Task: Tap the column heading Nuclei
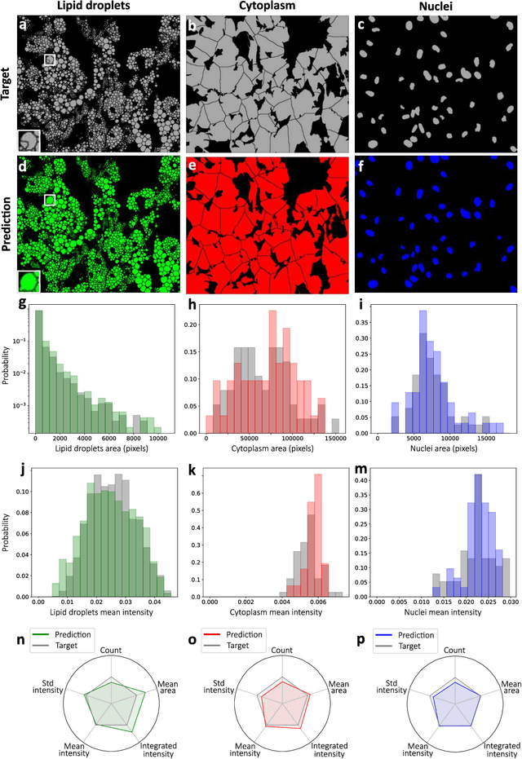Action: pos(436,7)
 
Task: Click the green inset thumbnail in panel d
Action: pos(29,282)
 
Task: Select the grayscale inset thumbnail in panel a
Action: pos(29,139)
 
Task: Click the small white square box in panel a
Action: pos(50,60)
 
